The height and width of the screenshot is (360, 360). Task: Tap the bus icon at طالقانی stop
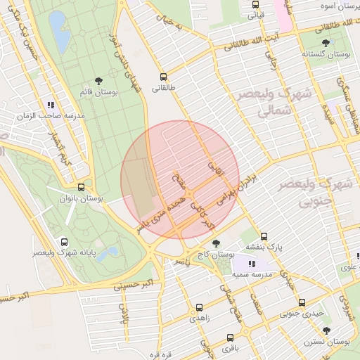coord(164,77)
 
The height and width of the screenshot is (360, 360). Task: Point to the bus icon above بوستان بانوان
coord(82,188)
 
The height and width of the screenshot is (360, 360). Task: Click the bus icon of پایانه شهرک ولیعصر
coord(65,240)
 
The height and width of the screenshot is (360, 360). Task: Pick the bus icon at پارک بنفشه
coord(264,236)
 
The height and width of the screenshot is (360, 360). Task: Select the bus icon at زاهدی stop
coord(198,307)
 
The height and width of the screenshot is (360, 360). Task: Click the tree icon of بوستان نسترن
coord(325,329)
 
